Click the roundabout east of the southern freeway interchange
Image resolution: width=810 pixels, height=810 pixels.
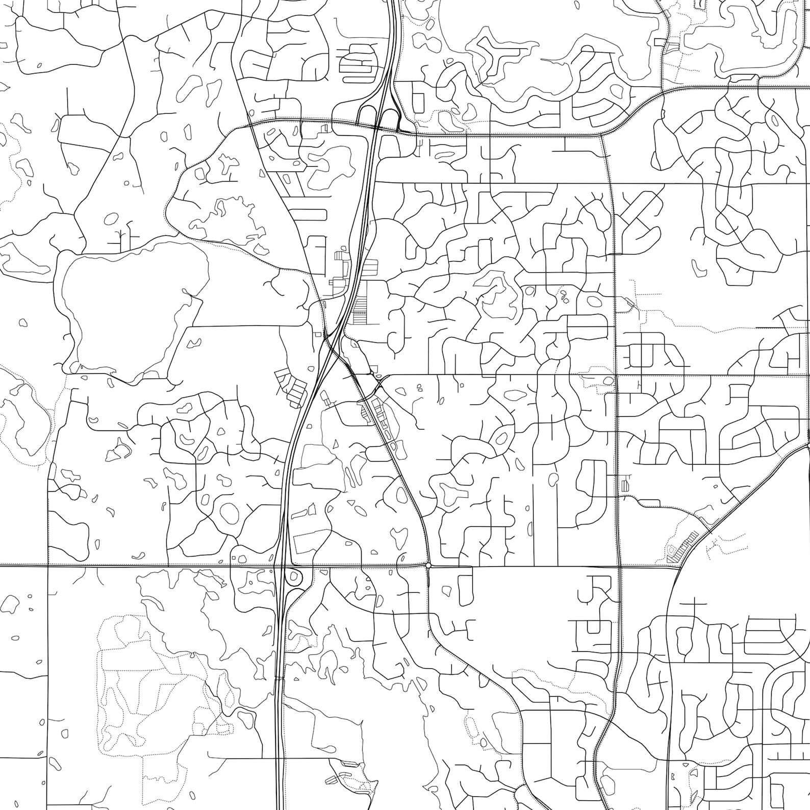(x=428, y=565)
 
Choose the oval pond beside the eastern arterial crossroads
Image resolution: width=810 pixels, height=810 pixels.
(x=608, y=381)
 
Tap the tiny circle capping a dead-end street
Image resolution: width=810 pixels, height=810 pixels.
(x=491, y=239)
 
